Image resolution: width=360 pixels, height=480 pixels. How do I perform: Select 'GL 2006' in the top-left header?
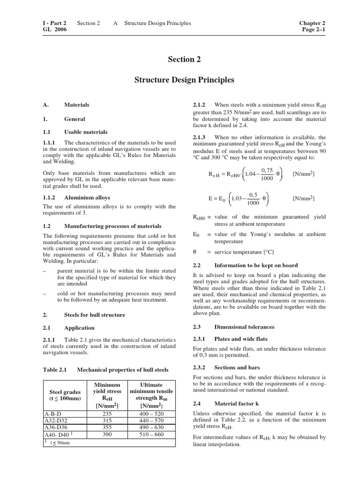(x=54, y=30)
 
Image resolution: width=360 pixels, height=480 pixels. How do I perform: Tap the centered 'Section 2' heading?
(x=180, y=59)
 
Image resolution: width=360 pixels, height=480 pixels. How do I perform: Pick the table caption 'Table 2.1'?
(x=55, y=369)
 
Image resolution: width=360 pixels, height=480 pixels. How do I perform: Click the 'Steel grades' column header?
(x=65, y=391)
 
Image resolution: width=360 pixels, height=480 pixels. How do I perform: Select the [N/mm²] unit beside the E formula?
(x=303, y=198)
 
